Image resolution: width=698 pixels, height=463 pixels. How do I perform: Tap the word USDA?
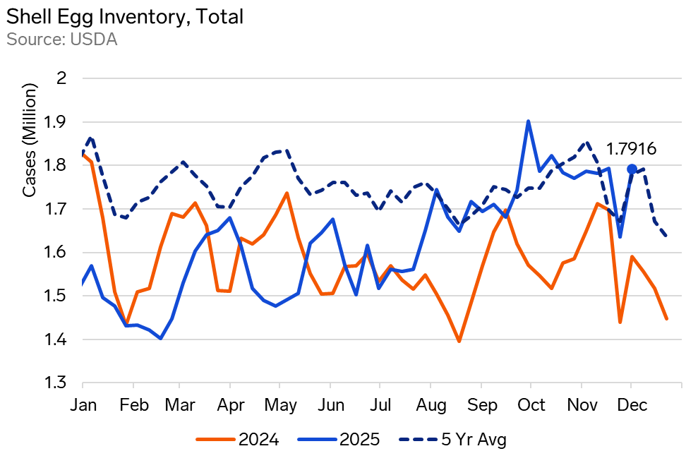point(93,40)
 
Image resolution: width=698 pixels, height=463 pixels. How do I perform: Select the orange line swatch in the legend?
point(215,439)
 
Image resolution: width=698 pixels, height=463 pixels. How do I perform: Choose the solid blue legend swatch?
point(317,439)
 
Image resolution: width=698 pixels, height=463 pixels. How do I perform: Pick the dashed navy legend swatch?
point(418,439)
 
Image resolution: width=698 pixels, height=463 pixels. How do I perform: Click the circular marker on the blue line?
point(632,169)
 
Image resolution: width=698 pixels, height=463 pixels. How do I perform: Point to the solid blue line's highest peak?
point(528,121)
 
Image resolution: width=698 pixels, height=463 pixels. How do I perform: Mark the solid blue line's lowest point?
point(161,339)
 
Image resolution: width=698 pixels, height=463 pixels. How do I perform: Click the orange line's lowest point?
point(459,342)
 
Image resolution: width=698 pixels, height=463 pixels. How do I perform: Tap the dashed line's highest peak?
point(91,137)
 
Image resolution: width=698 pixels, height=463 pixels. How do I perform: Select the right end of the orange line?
point(666,319)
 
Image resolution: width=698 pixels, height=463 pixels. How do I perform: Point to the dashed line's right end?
point(666,236)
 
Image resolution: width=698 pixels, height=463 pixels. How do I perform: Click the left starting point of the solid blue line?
point(83,284)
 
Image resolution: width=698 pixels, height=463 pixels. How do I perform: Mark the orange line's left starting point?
point(83,154)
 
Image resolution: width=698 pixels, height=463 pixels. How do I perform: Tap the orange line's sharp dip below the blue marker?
point(620,323)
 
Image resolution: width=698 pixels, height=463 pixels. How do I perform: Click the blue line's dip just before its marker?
point(620,236)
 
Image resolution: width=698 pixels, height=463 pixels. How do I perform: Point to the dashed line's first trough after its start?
point(126,217)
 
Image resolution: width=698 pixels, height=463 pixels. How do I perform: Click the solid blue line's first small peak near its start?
point(92,265)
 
